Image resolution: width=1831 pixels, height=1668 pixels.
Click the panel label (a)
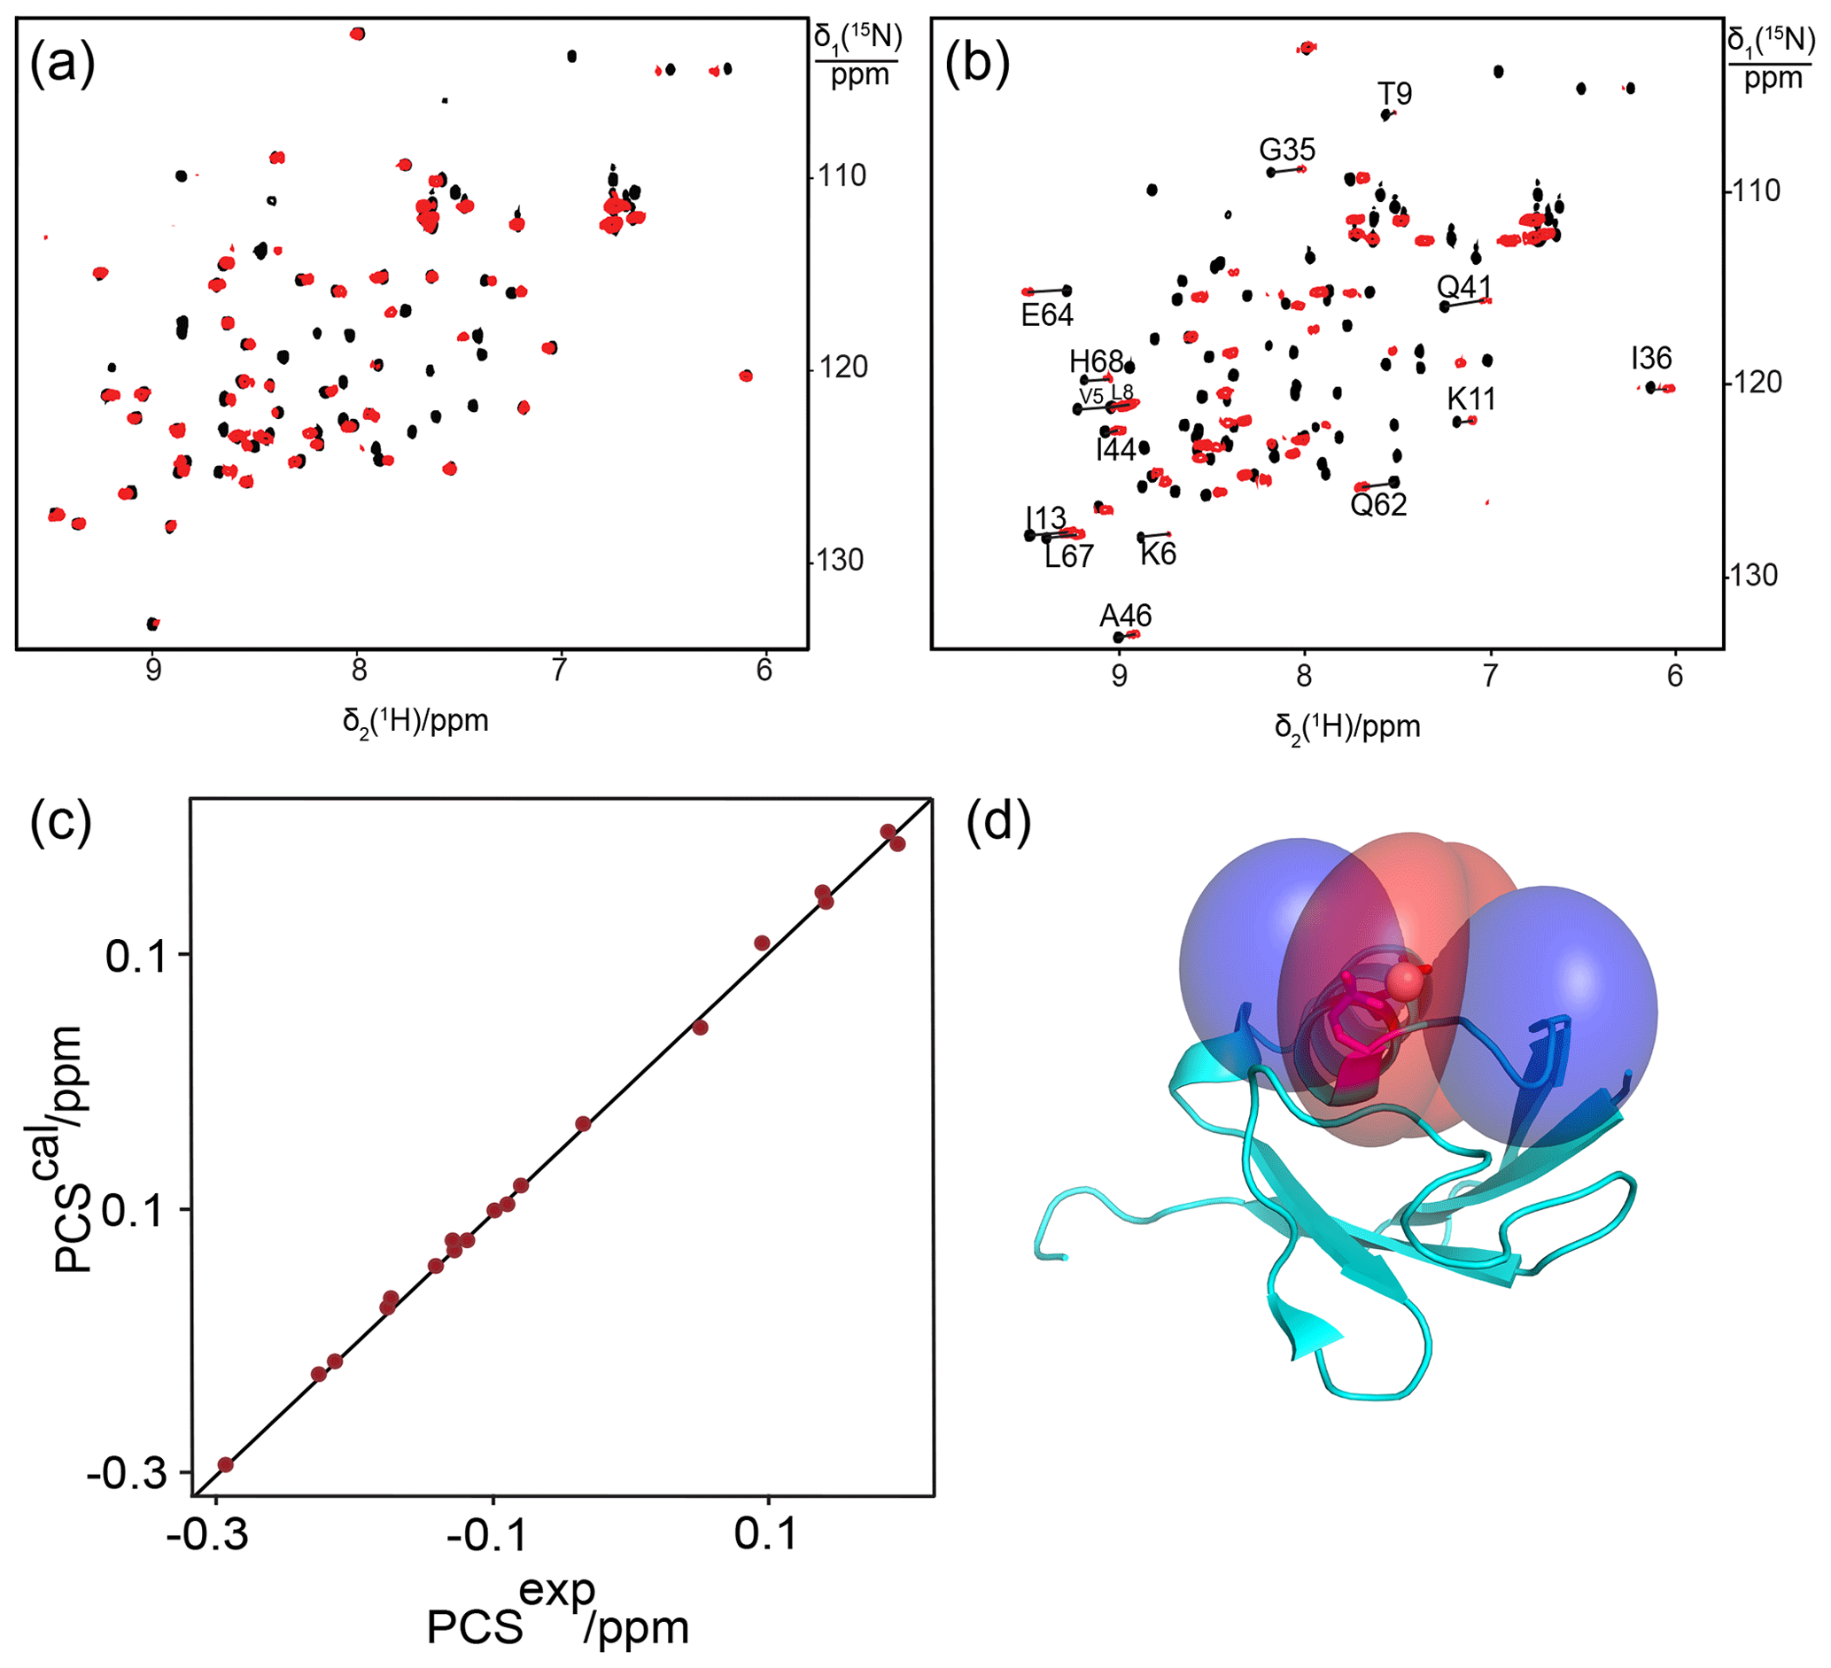pyautogui.click(x=62, y=66)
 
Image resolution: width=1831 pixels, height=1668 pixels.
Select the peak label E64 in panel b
pyautogui.click(x=1046, y=315)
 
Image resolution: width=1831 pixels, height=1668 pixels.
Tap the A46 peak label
pyautogui.click(x=1125, y=616)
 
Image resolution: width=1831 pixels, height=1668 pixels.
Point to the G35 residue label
pyautogui.click(x=1287, y=149)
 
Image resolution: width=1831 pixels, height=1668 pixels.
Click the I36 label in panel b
pyautogui.click(x=1650, y=358)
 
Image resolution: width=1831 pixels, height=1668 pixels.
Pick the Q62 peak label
pyautogui.click(x=1377, y=505)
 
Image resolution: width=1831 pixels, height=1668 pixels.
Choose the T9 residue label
pyautogui.click(x=1394, y=93)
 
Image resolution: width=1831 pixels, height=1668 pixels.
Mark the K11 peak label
pyautogui.click(x=1470, y=399)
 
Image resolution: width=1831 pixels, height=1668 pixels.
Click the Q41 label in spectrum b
pyautogui.click(x=1464, y=288)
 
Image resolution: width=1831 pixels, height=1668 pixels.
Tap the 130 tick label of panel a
pyautogui.click(x=838, y=560)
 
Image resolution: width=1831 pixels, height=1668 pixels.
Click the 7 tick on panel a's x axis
pyautogui.click(x=561, y=670)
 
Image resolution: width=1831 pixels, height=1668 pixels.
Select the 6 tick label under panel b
pyautogui.click(x=1675, y=676)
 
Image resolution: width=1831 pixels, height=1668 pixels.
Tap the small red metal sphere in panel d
pyautogui.click(x=1406, y=981)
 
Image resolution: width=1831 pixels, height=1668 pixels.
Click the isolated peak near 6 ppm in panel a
pyautogui.click(x=746, y=376)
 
